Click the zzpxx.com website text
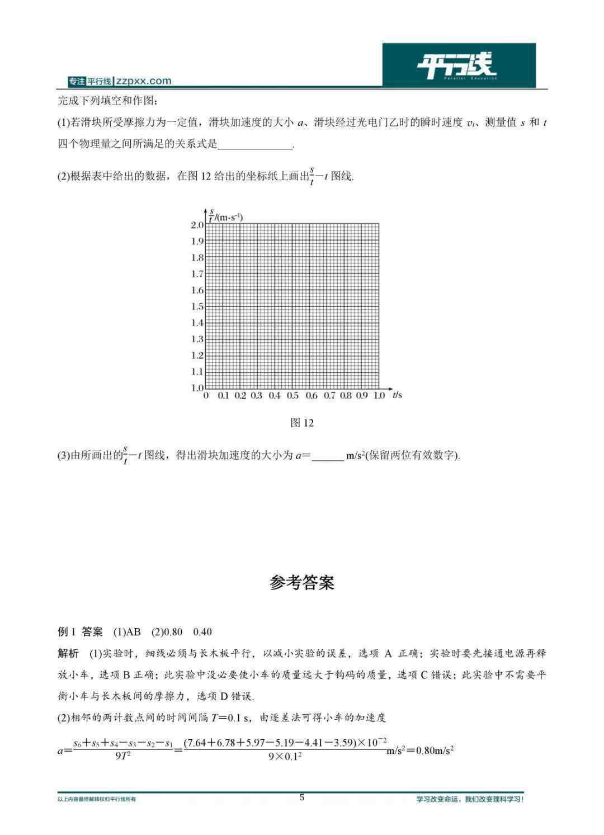[144, 81]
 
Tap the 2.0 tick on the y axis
[197, 225]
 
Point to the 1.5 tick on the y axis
[197, 306]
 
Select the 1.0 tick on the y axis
[197, 388]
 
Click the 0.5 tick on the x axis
[292, 396]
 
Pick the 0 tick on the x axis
[206, 396]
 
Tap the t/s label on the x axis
[397, 395]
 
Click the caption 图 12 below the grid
[302, 423]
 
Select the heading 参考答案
[302, 583]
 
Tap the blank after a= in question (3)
[327, 456]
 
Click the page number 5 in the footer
[302, 798]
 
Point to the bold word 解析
[68, 653]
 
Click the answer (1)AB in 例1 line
[127, 632]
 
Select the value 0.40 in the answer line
[202, 632]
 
